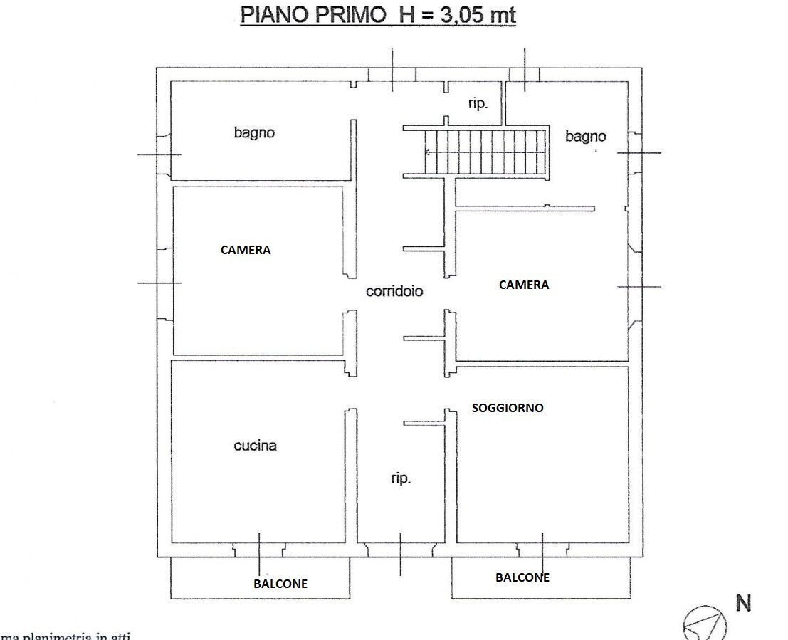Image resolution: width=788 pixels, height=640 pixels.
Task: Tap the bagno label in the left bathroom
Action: pyautogui.click(x=254, y=132)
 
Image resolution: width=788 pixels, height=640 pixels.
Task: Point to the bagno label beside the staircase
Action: pyautogui.click(x=585, y=136)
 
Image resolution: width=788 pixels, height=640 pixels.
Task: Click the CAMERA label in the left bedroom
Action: pyautogui.click(x=246, y=250)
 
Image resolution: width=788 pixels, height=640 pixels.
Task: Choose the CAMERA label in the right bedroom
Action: pyautogui.click(x=524, y=285)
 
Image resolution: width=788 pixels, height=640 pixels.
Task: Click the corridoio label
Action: pyautogui.click(x=394, y=291)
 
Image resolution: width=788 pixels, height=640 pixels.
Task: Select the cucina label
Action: pyautogui.click(x=255, y=446)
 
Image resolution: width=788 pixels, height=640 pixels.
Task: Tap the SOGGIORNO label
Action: pyautogui.click(x=508, y=408)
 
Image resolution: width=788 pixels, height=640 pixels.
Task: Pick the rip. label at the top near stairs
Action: pyautogui.click(x=478, y=104)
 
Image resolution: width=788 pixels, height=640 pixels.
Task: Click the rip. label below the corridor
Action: pyautogui.click(x=401, y=479)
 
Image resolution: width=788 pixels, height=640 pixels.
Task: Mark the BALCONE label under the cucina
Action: pyautogui.click(x=280, y=584)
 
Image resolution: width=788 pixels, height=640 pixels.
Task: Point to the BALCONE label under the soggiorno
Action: pyautogui.click(x=522, y=577)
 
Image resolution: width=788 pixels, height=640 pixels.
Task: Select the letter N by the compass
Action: pyautogui.click(x=743, y=604)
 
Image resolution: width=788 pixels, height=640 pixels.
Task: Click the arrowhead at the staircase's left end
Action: pyautogui.click(x=427, y=152)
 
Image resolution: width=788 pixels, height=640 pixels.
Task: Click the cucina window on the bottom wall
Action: pyautogui.click(x=259, y=550)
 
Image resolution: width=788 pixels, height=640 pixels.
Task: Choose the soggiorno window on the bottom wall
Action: pyautogui.click(x=542, y=550)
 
